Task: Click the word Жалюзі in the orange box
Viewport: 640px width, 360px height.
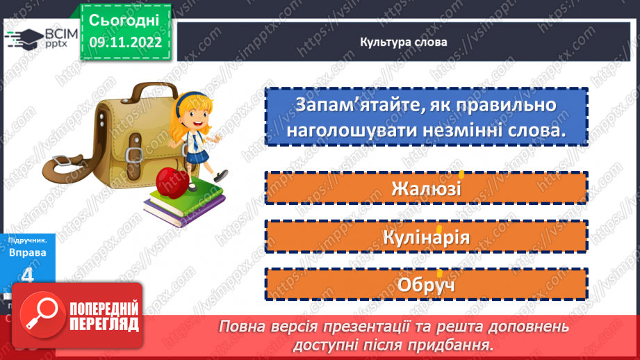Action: click(x=426, y=188)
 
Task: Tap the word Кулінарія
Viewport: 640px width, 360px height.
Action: click(x=426, y=237)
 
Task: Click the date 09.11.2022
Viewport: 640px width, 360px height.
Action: click(x=124, y=42)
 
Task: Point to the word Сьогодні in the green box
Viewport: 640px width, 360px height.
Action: click(x=124, y=19)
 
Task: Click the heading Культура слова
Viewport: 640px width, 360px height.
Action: click(x=404, y=42)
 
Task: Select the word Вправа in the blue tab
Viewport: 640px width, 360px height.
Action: click(x=28, y=252)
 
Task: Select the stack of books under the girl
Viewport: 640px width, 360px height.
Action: click(x=184, y=202)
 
